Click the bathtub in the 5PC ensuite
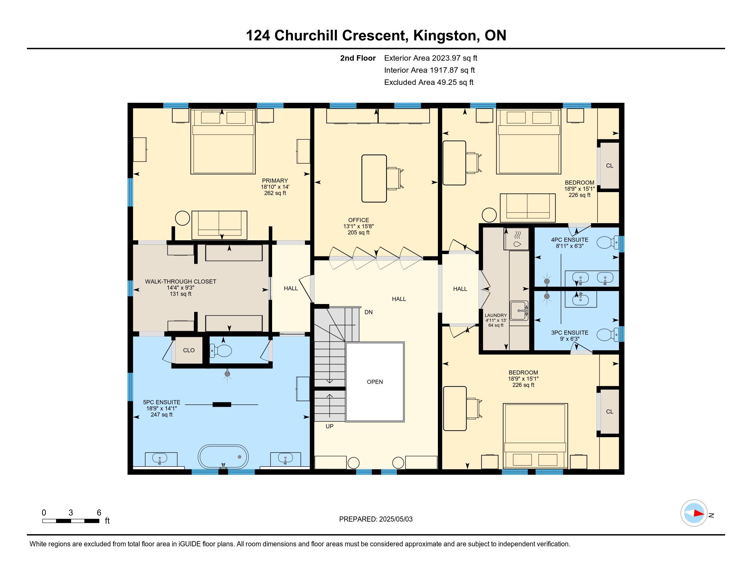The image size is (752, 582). pyautogui.click(x=223, y=456)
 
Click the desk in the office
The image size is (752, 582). pyautogui.click(x=374, y=178)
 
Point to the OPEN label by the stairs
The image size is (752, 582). pyautogui.click(x=375, y=382)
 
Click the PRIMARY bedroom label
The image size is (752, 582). pyautogui.click(x=275, y=180)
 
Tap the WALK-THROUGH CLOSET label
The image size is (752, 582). pyautogui.click(x=180, y=281)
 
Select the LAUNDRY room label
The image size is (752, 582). pyautogui.click(x=496, y=315)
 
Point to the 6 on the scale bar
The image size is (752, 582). pyautogui.click(x=99, y=513)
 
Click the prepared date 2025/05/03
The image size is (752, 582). pyautogui.click(x=395, y=519)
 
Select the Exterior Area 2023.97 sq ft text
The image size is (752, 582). pyautogui.click(x=431, y=58)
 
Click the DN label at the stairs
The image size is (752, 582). pyautogui.click(x=368, y=312)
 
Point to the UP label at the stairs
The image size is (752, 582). pyautogui.click(x=330, y=426)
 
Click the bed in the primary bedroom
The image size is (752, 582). pyautogui.click(x=223, y=141)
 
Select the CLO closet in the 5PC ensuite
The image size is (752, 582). pyautogui.click(x=189, y=350)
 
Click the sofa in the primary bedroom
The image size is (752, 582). pyautogui.click(x=219, y=225)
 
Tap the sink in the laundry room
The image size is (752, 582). pyautogui.click(x=519, y=310)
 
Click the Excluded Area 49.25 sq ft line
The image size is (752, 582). pyautogui.click(x=429, y=82)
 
